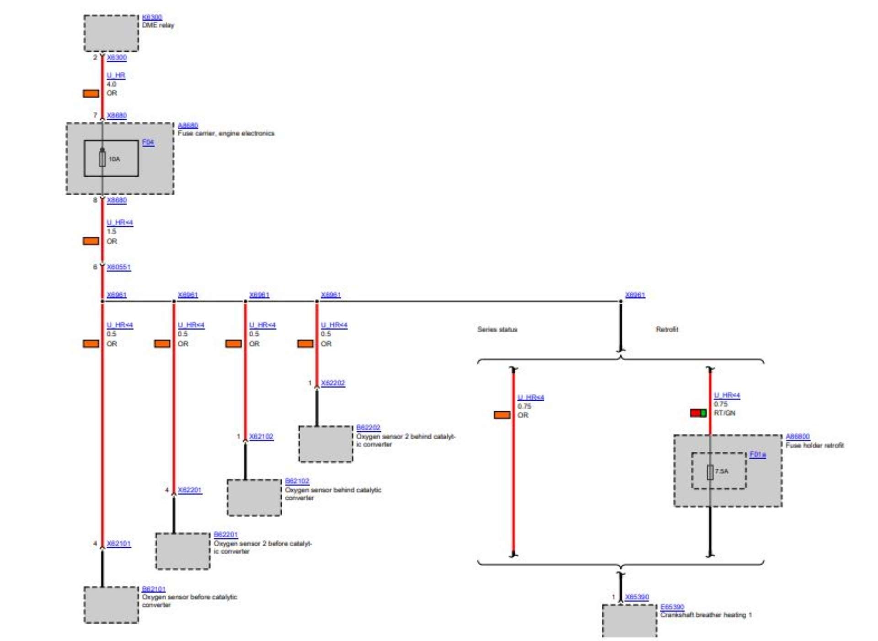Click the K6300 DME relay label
coord(152,17)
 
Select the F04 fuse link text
coord(148,142)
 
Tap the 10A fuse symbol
coord(102,159)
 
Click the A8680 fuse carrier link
coord(188,125)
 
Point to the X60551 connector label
coord(118,267)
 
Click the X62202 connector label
coord(333,383)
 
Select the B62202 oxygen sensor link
coord(368,427)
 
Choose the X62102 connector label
coord(261,436)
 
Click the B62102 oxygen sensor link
coord(297,481)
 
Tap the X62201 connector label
coord(190,490)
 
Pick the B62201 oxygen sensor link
coord(225,534)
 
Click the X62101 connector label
coord(118,543)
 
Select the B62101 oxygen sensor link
coord(154,588)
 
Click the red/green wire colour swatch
coord(698,413)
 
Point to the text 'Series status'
coord(497,329)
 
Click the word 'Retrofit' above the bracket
coord(667,329)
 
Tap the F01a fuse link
coord(757,454)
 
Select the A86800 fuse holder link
coord(798,436)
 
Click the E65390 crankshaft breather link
coord(672,606)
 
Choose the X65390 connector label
coord(637,597)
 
